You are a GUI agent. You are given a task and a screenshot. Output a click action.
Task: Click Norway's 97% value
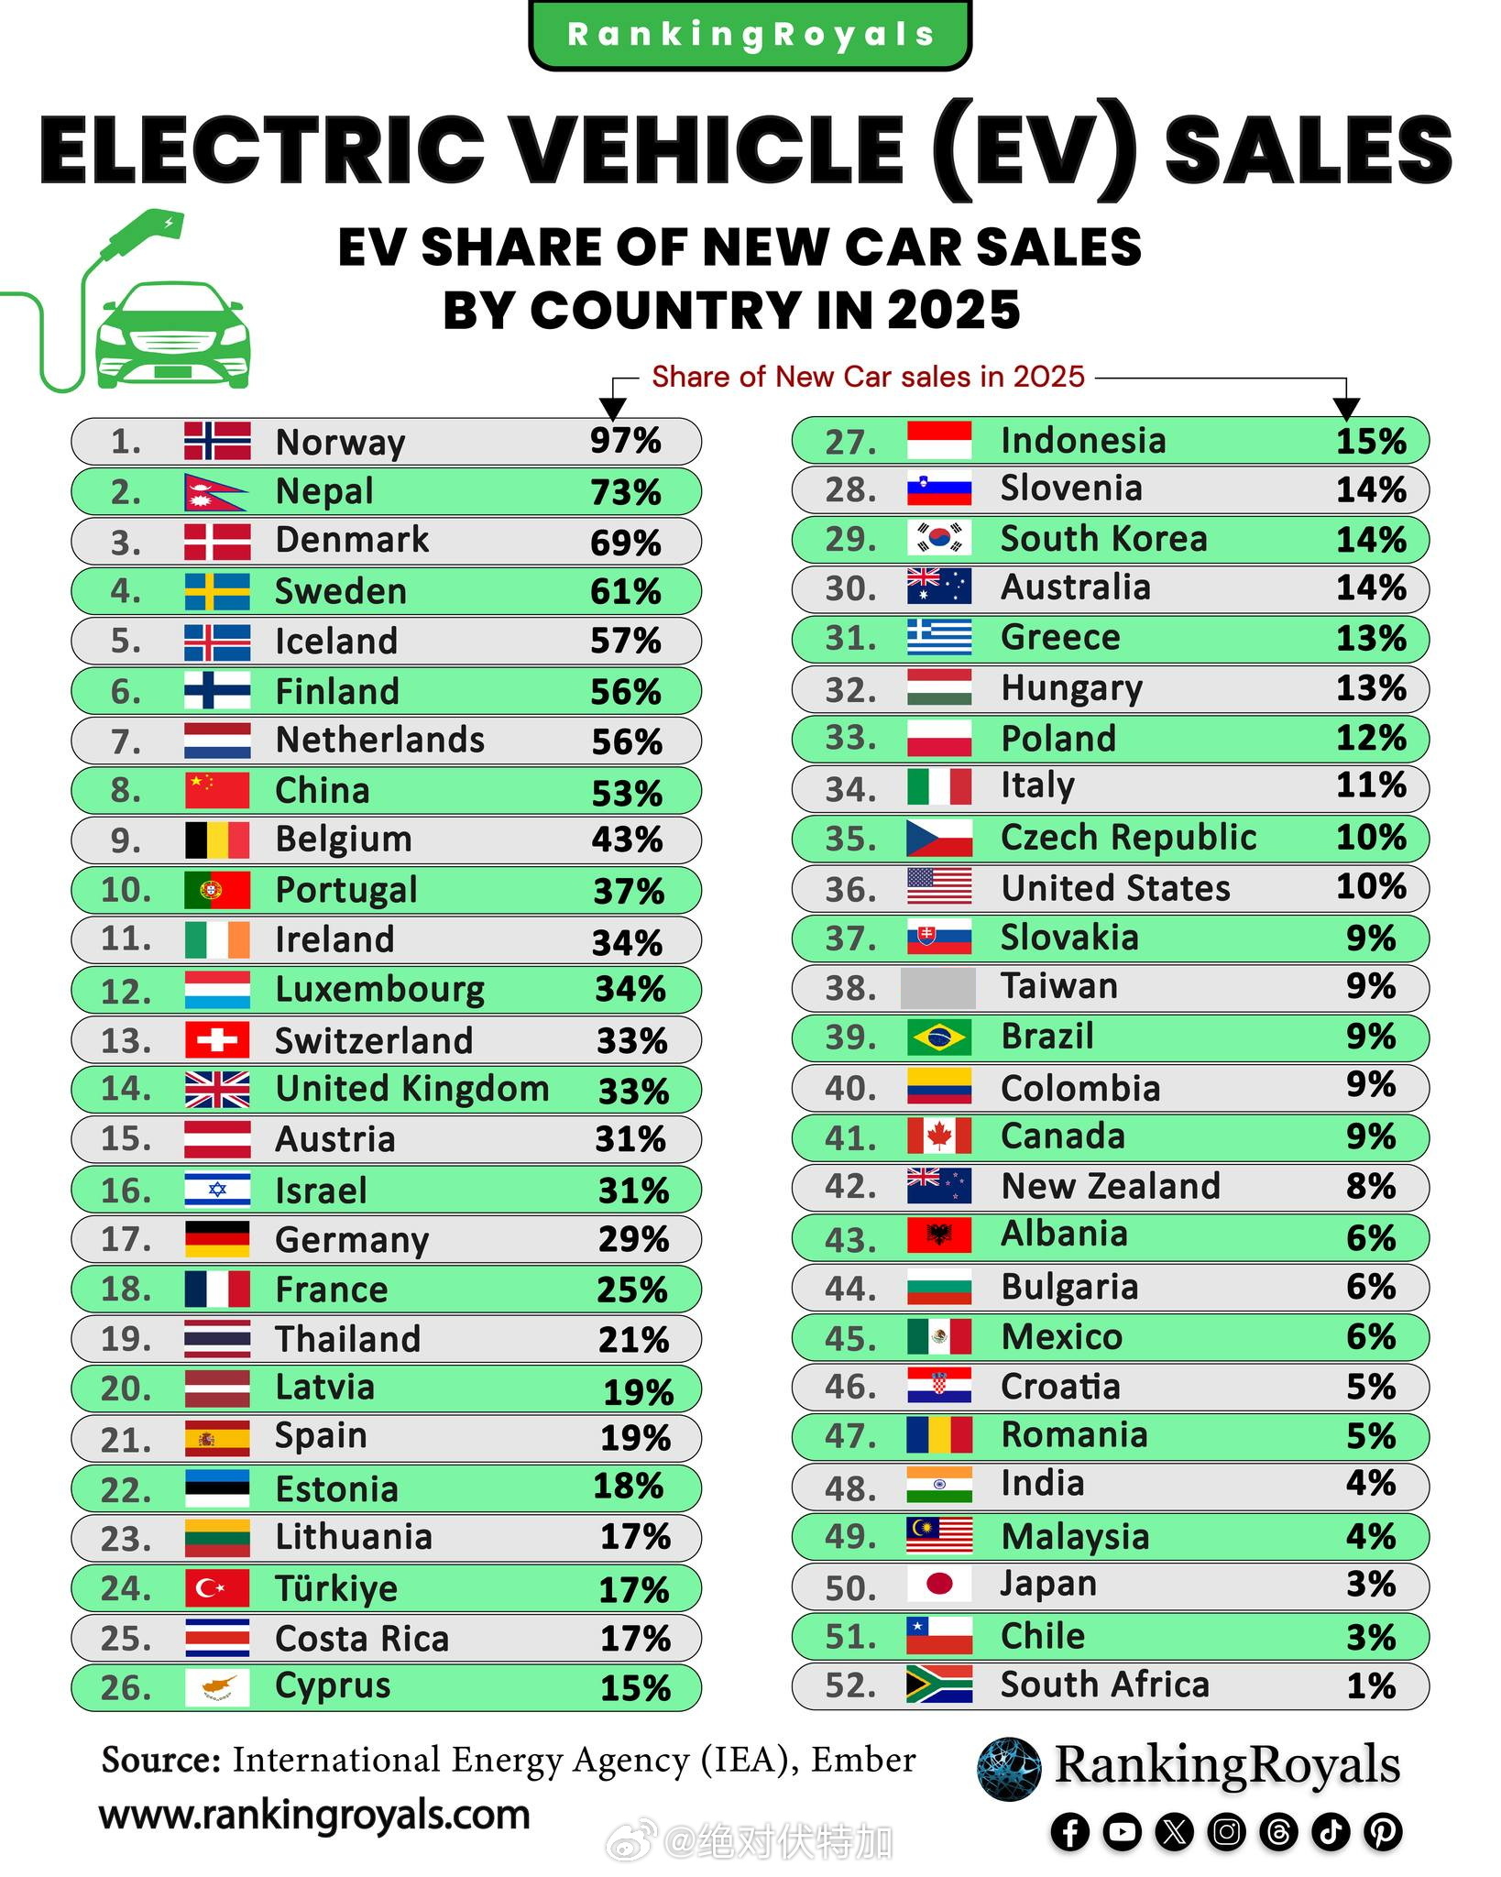625,441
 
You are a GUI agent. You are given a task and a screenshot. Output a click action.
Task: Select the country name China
323,790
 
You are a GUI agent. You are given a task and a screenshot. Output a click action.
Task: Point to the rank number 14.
126,1089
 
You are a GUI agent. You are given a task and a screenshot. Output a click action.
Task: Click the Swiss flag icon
217,1040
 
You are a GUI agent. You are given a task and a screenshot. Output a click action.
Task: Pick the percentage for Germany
632,1239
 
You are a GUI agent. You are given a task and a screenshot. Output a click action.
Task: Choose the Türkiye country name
336,1588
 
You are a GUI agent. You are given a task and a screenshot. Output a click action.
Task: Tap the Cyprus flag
217,1687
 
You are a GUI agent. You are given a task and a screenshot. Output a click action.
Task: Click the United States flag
939,887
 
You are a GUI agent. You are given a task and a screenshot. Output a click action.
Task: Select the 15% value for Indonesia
1370,441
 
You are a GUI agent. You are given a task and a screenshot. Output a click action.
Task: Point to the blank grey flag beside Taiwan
938,988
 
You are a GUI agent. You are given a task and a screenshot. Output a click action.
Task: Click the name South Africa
1104,1685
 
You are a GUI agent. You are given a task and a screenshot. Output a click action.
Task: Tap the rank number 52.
849,1685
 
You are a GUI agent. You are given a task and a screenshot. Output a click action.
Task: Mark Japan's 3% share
1370,1585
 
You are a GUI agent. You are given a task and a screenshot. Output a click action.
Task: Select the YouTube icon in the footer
1122,1832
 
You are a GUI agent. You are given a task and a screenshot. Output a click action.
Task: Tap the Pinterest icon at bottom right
1383,1832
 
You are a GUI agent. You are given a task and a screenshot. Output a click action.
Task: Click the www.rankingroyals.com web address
314,1816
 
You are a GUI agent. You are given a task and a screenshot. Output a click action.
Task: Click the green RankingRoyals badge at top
750,35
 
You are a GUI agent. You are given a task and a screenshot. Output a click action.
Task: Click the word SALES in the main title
1308,148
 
